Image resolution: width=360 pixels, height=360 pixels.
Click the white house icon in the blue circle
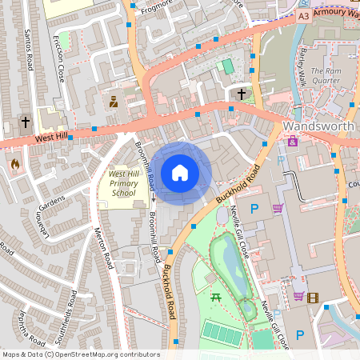180,173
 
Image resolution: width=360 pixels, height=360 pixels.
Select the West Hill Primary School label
124,183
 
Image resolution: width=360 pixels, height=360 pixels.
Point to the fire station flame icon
14,164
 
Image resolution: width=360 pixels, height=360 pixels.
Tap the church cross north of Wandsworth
242,94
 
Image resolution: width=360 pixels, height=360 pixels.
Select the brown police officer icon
114,102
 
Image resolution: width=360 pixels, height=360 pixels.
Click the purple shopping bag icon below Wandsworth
293,142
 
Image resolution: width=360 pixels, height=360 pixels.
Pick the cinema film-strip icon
312,298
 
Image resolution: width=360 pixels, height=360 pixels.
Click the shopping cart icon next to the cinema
298,296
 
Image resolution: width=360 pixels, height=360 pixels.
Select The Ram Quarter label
326,74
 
